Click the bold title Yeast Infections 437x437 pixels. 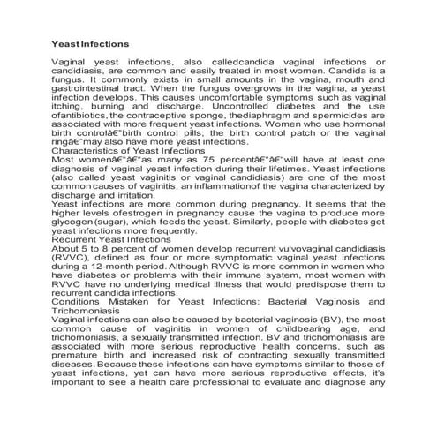[91, 43]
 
